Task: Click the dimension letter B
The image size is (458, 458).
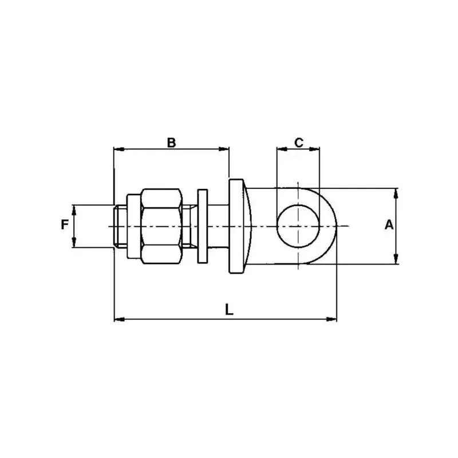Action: [171, 143]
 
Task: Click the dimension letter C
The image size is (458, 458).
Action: [299, 143]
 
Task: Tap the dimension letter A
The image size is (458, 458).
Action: [389, 225]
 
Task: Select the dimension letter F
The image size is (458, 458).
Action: [65, 225]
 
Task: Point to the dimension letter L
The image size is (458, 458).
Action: [230, 310]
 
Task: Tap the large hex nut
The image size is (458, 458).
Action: [161, 226]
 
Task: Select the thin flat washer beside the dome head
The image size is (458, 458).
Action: [203, 226]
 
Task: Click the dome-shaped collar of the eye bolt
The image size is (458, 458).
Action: [239, 226]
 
